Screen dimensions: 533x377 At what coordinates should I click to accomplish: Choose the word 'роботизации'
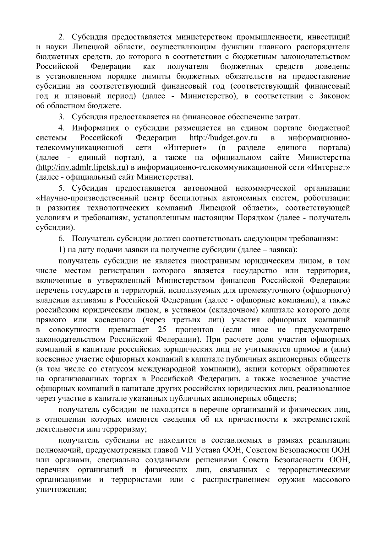click(x=327, y=198)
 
